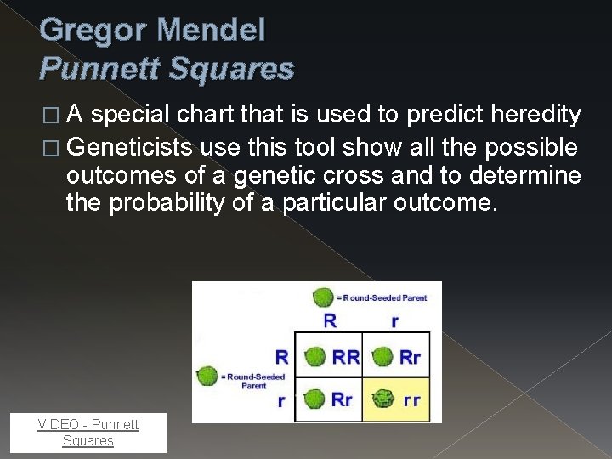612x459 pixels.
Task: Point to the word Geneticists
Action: (130, 148)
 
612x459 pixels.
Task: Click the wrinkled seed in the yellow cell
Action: (382, 399)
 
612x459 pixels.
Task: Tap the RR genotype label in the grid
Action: (346, 357)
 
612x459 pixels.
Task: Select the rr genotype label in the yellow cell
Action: (411, 399)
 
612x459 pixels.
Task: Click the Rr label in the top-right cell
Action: (411, 357)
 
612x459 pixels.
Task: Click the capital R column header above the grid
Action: (330, 321)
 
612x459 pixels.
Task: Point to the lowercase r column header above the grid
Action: (394, 321)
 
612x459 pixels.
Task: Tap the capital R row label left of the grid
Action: (280, 356)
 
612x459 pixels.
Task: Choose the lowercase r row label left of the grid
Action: (280, 400)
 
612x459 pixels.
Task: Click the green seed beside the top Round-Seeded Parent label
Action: (322, 297)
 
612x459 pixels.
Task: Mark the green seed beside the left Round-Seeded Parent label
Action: (205, 376)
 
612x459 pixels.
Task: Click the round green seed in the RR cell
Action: (315, 357)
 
